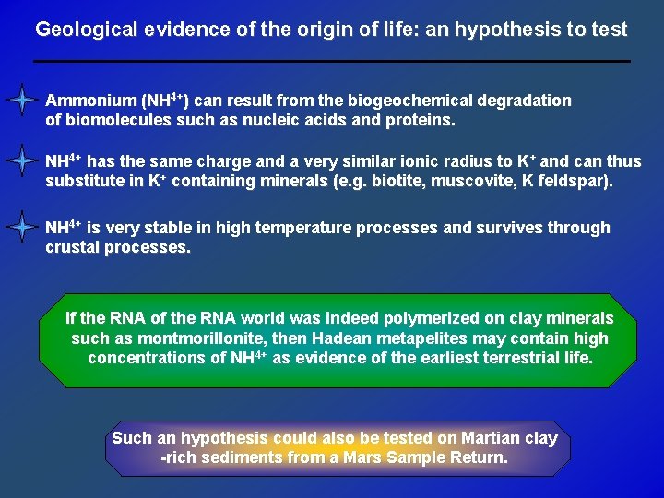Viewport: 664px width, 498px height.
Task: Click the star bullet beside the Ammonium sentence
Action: coord(20,100)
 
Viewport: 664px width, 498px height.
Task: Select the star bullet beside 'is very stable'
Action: coord(20,227)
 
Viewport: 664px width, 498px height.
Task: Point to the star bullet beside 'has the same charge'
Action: coord(20,160)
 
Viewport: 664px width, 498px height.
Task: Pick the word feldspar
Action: coord(578,181)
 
